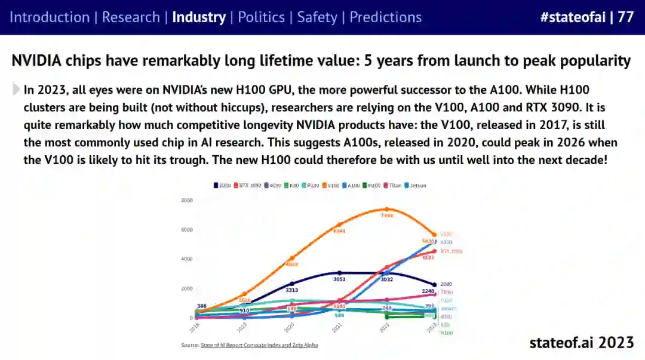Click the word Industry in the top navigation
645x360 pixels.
(198, 17)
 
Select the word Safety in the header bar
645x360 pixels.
(317, 17)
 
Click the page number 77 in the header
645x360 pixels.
(625, 17)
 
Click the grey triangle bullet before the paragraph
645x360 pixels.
(16, 90)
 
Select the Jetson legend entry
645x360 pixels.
(416, 186)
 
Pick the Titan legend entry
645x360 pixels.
(394, 186)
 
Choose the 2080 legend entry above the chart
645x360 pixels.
(222, 186)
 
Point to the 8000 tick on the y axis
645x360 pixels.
(187, 201)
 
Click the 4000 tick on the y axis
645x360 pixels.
(187, 259)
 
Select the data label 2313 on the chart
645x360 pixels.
(291, 290)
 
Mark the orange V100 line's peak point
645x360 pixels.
(387, 209)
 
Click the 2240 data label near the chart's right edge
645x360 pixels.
(428, 291)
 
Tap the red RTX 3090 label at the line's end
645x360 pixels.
(451, 251)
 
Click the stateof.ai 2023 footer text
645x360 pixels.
(581, 342)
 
